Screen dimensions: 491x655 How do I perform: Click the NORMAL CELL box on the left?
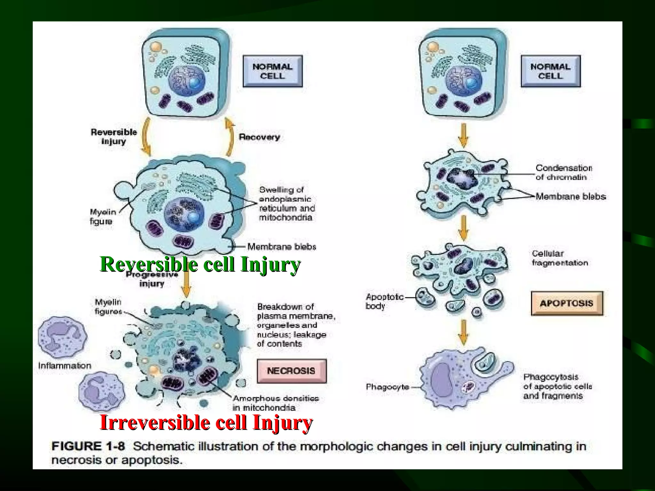272,71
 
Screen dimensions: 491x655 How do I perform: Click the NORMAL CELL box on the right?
550,71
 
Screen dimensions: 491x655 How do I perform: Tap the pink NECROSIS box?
291,371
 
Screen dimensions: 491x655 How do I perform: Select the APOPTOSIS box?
567,303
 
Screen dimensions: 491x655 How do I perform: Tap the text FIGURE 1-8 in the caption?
88,446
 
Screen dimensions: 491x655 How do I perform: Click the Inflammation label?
65,365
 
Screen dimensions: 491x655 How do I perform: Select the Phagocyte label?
387,387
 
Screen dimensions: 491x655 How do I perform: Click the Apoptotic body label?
384,301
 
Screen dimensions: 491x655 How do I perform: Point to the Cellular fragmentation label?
560,258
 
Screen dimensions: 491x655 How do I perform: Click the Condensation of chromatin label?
564,172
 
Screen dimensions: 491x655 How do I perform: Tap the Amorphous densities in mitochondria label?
275,403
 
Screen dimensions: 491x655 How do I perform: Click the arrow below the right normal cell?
463,136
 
